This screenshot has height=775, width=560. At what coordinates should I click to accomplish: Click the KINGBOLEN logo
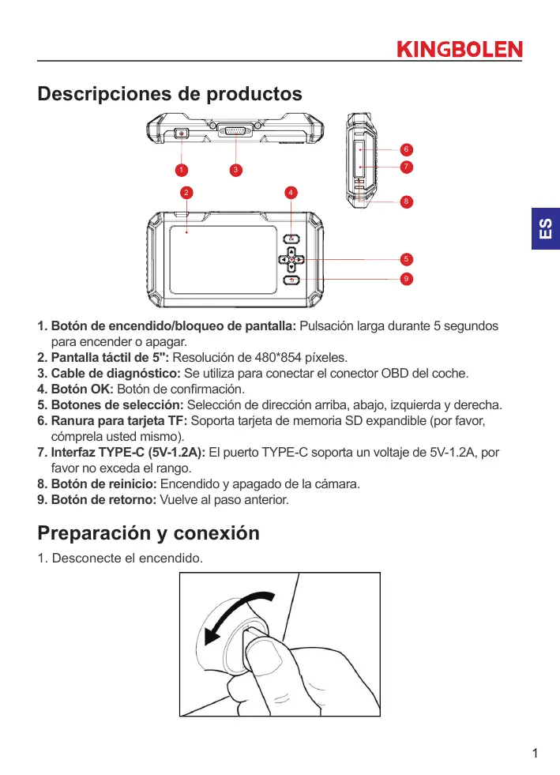[x=459, y=50]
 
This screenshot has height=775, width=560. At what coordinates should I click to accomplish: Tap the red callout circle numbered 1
[x=181, y=169]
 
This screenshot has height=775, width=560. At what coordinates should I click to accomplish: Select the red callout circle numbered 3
[x=235, y=169]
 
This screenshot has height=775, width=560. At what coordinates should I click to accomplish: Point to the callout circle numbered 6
[x=405, y=149]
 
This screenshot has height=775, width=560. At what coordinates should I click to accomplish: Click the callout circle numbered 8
[x=405, y=201]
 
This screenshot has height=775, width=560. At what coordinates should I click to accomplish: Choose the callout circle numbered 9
[x=405, y=278]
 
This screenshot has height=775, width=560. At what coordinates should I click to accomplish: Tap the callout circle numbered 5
[x=405, y=258]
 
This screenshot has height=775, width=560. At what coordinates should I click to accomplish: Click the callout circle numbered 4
[x=291, y=192]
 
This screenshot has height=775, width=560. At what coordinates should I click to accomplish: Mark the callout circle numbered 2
[x=186, y=192]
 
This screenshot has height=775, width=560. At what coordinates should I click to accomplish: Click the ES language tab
[x=545, y=229]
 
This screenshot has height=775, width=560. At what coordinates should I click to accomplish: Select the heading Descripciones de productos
[x=170, y=94]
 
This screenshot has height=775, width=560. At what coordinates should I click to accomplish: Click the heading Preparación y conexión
[x=148, y=533]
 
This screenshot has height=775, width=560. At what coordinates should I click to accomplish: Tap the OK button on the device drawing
[x=291, y=239]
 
